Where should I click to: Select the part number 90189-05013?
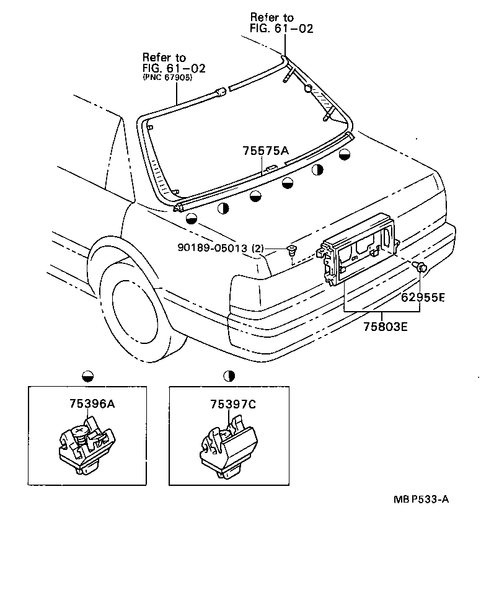[x=212, y=249]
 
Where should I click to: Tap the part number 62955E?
[x=422, y=297]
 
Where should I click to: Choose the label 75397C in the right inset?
[x=232, y=404]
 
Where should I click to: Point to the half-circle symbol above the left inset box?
[x=87, y=376]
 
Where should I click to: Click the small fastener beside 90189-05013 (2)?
[x=291, y=251]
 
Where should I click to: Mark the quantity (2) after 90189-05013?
[x=258, y=249]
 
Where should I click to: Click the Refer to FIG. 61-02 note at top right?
[x=281, y=23]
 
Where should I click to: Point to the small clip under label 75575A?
[x=270, y=168]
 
